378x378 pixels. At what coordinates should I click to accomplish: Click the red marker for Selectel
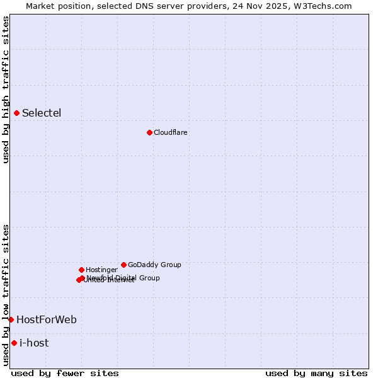tap(17, 113)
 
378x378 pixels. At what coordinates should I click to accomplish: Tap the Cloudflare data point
tap(149, 132)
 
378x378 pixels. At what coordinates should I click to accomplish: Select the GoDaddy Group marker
tap(123, 265)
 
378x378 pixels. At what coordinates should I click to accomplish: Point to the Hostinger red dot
tap(81, 270)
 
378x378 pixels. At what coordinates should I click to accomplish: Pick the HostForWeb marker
tap(11, 319)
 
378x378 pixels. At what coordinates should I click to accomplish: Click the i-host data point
tap(14, 343)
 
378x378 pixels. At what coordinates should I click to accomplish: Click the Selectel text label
tap(42, 113)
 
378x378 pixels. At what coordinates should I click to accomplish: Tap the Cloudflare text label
tap(171, 132)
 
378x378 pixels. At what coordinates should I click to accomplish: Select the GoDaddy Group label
tap(154, 265)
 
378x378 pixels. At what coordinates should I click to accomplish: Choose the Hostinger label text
tap(101, 270)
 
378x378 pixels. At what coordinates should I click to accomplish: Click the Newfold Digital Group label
tap(123, 277)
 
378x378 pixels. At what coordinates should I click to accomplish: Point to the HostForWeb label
tap(47, 319)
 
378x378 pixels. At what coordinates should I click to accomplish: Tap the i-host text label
tap(34, 343)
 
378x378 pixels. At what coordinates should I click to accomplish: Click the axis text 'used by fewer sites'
tap(65, 373)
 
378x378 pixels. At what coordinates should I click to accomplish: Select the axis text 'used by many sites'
tap(316, 373)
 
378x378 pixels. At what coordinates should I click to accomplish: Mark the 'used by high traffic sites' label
tap(6, 89)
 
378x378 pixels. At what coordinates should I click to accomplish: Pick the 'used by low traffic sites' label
tap(6, 294)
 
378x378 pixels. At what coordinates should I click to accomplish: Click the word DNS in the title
tap(156, 6)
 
